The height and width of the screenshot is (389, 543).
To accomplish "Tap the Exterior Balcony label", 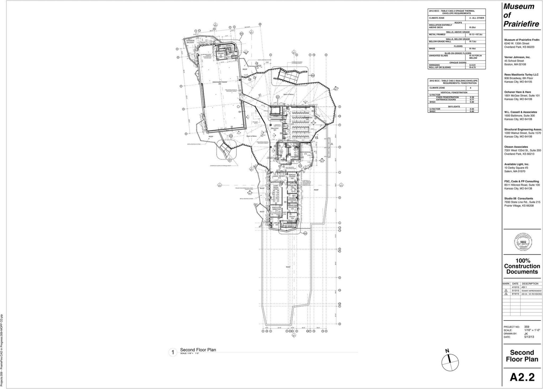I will (190, 42).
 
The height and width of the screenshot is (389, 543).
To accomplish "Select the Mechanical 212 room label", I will (306, 153).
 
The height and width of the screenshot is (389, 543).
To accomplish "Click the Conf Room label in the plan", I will (276, 187).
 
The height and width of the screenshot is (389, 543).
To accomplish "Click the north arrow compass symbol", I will (450, 361).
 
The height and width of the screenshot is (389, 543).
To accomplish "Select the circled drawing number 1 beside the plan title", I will (173, 353).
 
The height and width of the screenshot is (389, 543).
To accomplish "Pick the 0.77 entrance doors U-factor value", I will (472, 100).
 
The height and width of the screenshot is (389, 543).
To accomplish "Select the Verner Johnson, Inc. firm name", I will (517, 57).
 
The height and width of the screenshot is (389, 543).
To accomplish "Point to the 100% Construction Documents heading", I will (522, 266).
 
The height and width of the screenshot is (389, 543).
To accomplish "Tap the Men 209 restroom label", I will (281, 152).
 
